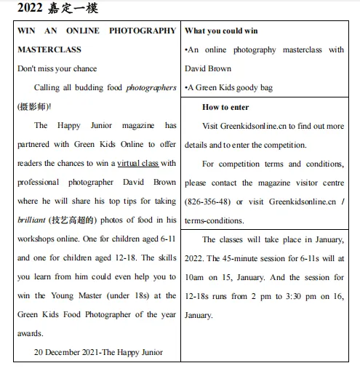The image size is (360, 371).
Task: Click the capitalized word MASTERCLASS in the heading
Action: (49, 49)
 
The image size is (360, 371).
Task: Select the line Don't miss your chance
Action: (58, 68)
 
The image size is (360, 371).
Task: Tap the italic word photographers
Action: (151, 87)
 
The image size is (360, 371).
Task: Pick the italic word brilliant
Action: (32, 220)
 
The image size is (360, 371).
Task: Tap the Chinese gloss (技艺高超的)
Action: (76, 220)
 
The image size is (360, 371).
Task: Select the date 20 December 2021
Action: (68, 352)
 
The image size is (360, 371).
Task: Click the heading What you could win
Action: (221, 31)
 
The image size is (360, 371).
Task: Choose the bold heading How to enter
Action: (225, 107)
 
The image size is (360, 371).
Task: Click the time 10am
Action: (196, 277)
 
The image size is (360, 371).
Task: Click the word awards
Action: (31, 333)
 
